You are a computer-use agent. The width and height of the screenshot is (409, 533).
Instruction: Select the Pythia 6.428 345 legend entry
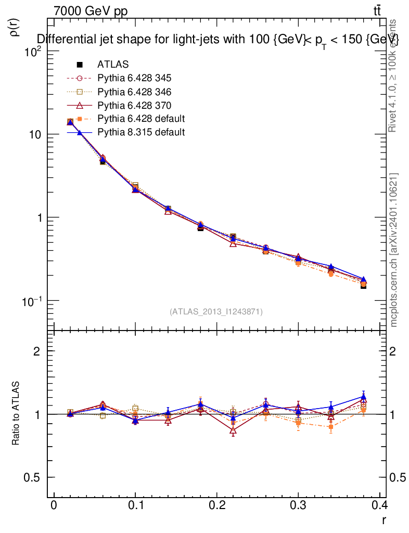pos(134,78)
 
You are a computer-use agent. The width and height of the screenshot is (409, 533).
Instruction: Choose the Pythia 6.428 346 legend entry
pos(134,92)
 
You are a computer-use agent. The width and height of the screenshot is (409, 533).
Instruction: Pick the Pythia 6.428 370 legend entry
pos(134,105)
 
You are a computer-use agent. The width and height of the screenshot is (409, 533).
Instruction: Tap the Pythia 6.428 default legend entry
pos(141,119)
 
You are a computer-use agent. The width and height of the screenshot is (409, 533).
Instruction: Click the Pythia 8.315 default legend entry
pos(141,132)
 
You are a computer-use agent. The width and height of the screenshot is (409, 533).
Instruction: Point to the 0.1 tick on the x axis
pos(135,505)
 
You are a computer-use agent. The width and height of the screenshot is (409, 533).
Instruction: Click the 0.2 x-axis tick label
pos(216,505)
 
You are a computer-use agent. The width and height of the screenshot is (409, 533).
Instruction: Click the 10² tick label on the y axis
pos(33,52)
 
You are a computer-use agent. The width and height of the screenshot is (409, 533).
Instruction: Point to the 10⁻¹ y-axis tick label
pos(32,301)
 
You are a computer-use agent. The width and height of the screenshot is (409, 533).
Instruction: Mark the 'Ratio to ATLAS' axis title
pos(16,414)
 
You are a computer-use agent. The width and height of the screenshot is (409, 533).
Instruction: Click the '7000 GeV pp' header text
pos(91,11)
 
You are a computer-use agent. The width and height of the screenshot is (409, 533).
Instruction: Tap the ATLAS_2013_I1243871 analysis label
pos(216,311)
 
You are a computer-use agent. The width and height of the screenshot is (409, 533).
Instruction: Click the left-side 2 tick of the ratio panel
pos(37,351)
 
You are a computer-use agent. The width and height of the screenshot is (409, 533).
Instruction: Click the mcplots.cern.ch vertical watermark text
pos(394,250)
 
